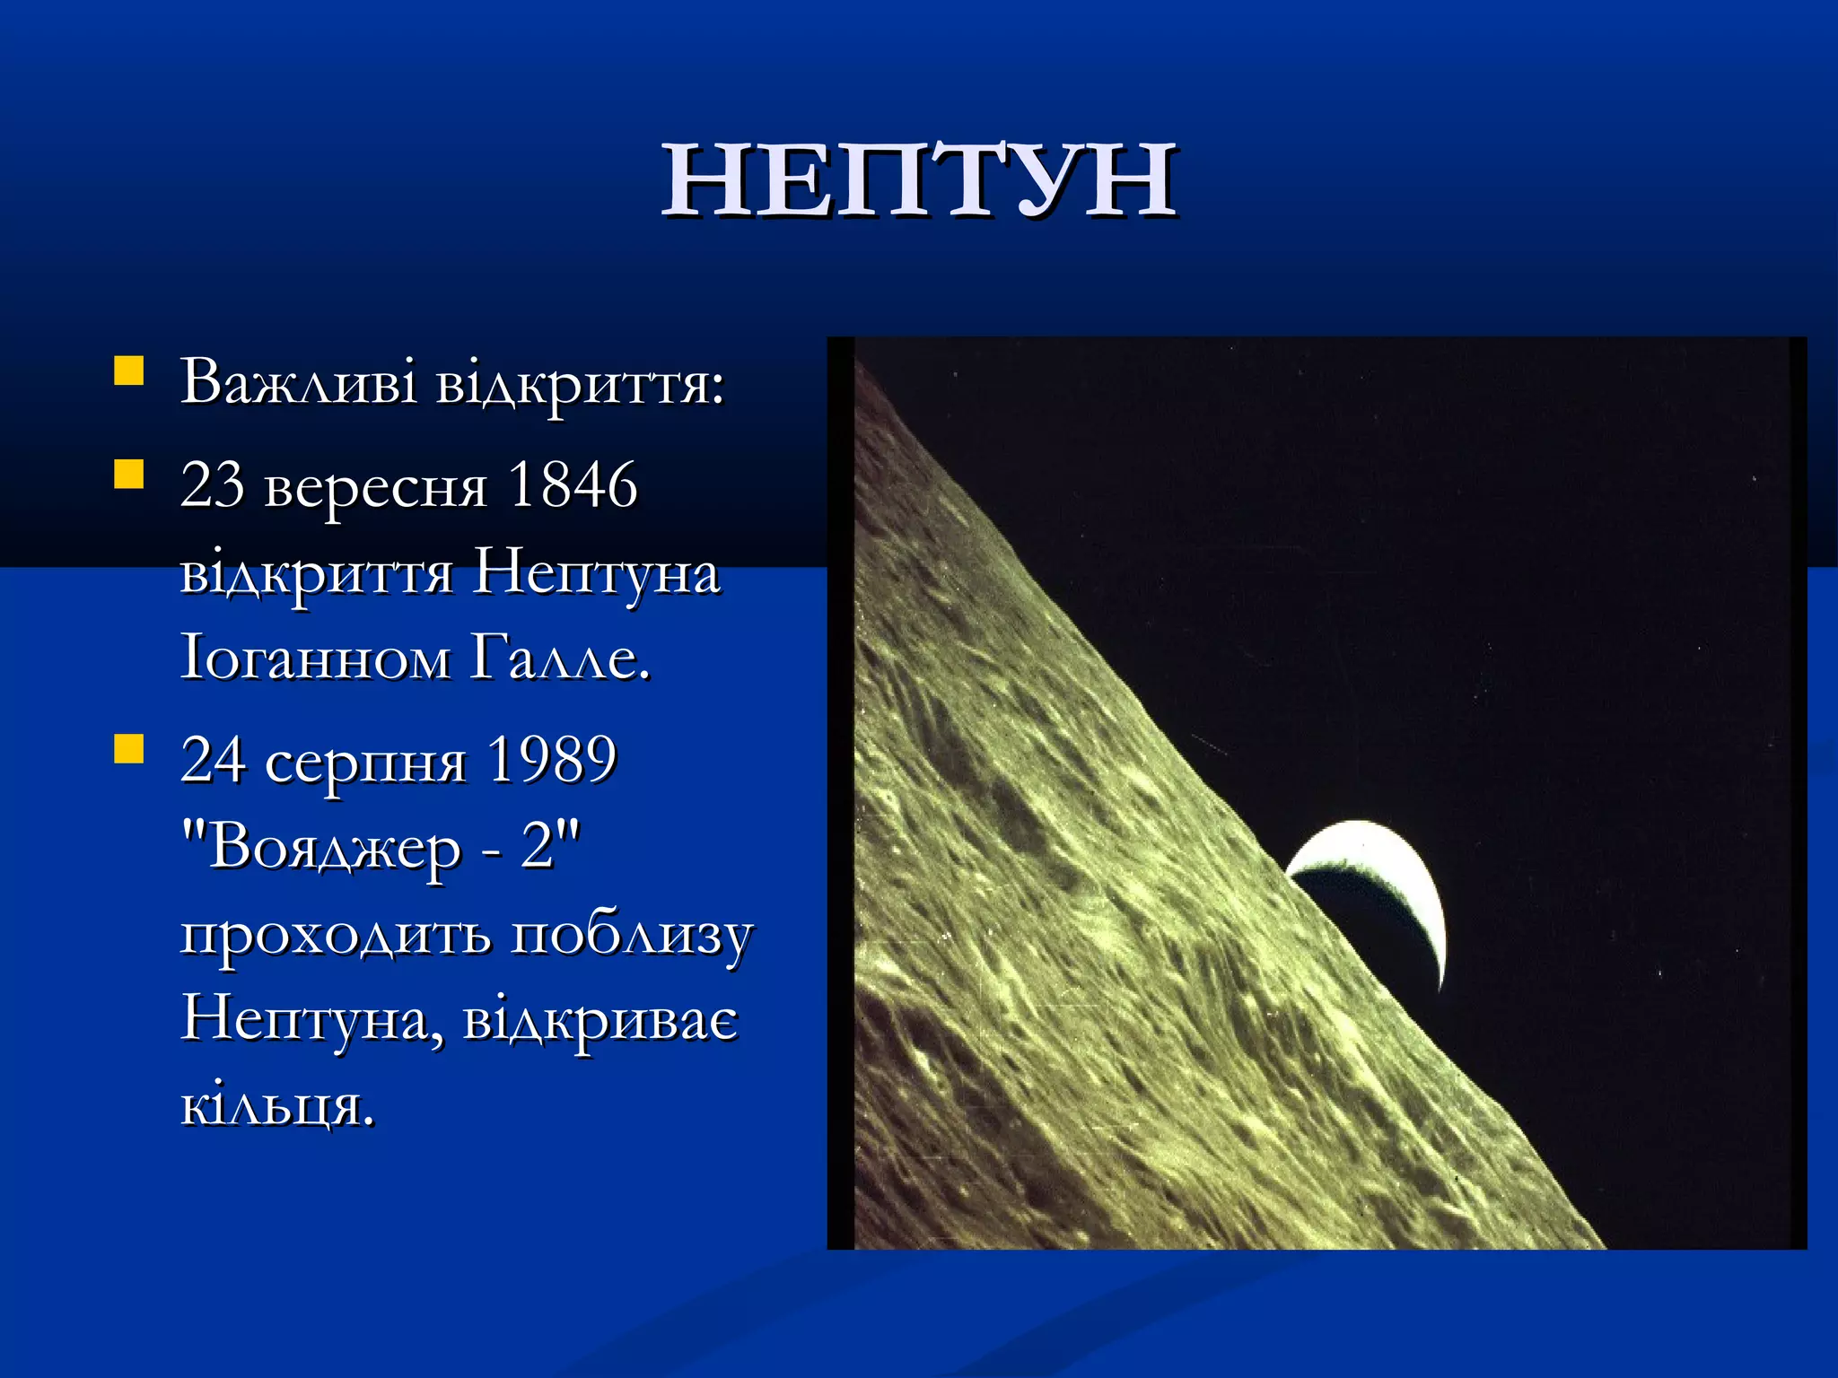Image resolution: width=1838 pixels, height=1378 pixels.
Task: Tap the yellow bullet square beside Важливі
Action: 129,371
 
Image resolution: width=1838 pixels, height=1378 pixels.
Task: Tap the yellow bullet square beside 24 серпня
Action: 129,748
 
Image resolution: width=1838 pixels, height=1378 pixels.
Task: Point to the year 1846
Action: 573,485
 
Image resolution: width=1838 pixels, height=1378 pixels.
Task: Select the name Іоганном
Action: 315,659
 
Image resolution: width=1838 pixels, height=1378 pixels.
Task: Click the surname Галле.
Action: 559,659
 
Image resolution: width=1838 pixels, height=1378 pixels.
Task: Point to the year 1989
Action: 551,761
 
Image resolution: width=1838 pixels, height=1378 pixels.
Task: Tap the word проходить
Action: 336,937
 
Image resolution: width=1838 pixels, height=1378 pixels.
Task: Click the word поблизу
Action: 632,937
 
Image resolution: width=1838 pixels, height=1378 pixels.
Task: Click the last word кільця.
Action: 276,1107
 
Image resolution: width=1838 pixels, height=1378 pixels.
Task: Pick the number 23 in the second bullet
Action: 212,485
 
